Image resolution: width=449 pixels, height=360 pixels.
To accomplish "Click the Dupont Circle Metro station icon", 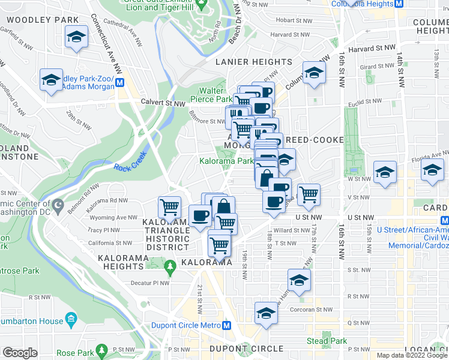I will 226,326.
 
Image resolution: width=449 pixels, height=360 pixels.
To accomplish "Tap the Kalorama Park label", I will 226,161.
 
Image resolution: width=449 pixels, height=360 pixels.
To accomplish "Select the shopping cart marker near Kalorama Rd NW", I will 170,208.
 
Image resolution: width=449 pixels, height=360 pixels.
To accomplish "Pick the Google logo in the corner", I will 20,353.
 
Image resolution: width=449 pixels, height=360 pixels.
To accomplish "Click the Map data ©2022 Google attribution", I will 412,355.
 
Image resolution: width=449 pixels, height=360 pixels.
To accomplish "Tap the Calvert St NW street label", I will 163,103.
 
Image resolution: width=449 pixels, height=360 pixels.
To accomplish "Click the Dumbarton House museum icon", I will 70,317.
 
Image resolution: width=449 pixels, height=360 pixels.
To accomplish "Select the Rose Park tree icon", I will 102,349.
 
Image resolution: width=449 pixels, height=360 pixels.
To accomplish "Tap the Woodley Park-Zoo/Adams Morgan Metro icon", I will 121,83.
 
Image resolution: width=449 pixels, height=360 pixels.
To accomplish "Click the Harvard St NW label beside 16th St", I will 375,47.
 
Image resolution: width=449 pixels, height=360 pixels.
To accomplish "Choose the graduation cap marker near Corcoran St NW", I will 266,313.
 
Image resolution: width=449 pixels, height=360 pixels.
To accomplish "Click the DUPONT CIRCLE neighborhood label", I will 246,349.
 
